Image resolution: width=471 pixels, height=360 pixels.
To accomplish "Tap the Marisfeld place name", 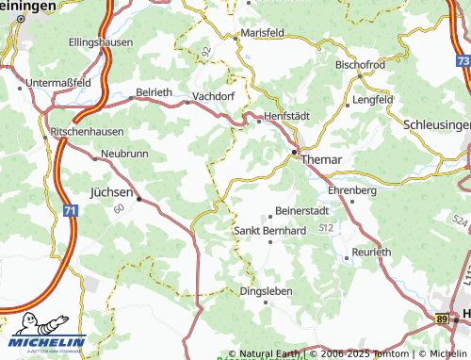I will point(263,32).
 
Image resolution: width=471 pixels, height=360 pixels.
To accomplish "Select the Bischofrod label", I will point(360,65).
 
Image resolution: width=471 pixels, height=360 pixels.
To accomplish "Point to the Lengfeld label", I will point(372,99).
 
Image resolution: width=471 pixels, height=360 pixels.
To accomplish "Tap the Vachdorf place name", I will point(213,96).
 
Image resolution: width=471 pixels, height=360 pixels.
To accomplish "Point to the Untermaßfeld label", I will point(58,82).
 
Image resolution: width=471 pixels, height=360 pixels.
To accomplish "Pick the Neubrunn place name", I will point(124,153).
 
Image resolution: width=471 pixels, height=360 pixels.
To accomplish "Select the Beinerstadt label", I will point(302,211).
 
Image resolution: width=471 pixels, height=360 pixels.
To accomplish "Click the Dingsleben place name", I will point(266,291).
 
